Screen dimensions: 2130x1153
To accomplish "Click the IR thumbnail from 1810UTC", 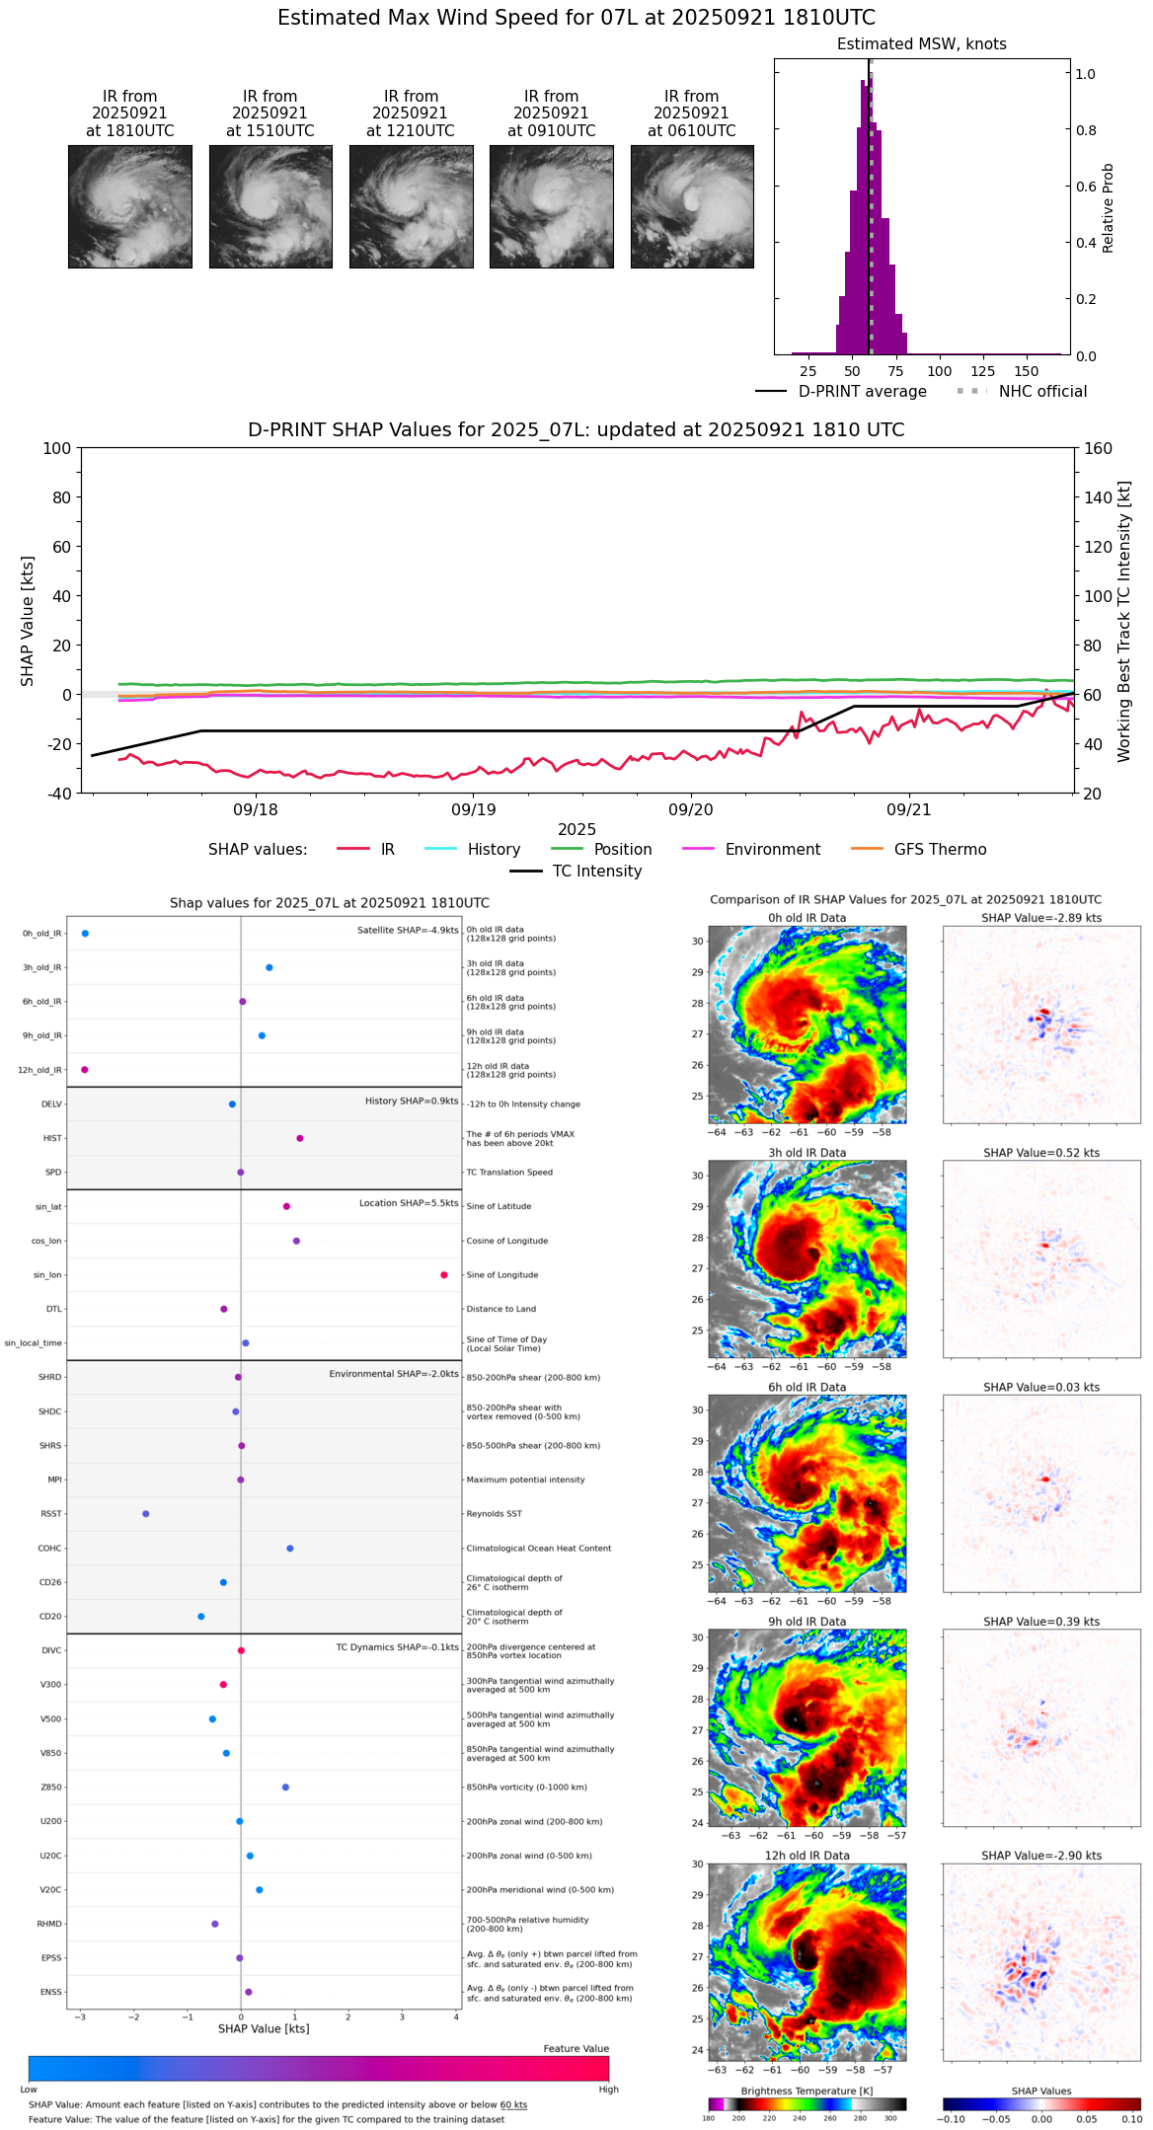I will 129,206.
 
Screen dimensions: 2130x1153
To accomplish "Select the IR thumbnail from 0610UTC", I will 692,206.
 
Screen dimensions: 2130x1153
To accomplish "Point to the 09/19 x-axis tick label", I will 474,810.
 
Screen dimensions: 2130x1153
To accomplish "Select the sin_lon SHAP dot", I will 444,1275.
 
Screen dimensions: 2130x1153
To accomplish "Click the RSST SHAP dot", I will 146,1514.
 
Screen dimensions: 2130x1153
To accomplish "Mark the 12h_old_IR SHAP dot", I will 85,1070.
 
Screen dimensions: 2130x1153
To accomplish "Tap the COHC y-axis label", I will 49,1549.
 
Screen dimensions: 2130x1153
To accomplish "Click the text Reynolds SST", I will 495,1514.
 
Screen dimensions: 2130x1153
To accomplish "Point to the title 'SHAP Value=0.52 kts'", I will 1041,1153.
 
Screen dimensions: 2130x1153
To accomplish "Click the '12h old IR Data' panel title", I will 807,1856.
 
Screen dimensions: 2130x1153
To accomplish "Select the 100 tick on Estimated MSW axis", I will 940,371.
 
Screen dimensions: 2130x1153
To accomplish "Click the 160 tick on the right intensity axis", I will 1098,448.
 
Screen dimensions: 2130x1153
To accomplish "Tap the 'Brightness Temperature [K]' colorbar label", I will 807,2091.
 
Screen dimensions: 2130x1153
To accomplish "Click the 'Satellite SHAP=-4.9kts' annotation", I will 408,930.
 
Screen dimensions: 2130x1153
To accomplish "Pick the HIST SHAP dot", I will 300,1138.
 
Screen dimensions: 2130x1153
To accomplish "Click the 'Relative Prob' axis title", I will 1109,207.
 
